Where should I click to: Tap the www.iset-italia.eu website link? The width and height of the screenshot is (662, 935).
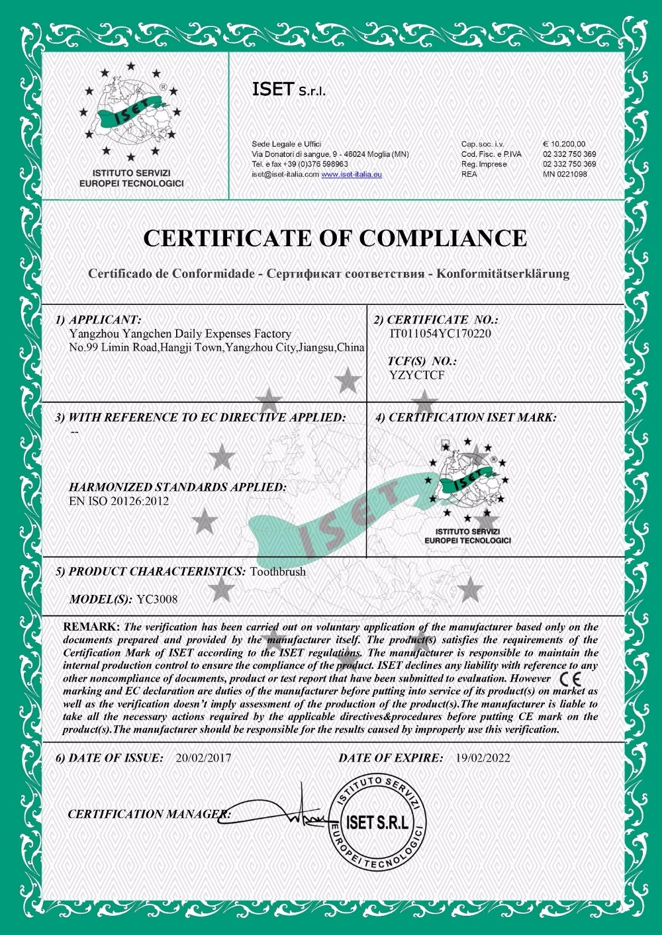coord(352,174)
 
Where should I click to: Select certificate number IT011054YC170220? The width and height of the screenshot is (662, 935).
coord(440,334)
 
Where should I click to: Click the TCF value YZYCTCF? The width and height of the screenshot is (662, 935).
coord(417,375)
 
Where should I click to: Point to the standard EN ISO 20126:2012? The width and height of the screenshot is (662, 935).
coord(118,501)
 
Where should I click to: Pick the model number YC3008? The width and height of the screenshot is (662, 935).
coord(157,600)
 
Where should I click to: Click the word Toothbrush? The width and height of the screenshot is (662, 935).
coord(278,572)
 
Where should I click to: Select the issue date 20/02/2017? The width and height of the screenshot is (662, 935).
coord(203,758)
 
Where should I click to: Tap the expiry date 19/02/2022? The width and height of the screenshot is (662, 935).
coord(483,758)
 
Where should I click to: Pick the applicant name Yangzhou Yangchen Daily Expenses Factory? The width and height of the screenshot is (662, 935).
coord(180,334)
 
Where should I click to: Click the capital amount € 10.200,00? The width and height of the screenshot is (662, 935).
coord(564,144)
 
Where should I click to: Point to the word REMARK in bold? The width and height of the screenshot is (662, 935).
coord(91,627)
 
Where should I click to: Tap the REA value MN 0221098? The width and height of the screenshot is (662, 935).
coord(565,174)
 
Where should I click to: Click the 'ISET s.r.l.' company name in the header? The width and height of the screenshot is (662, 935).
coord(289,91)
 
